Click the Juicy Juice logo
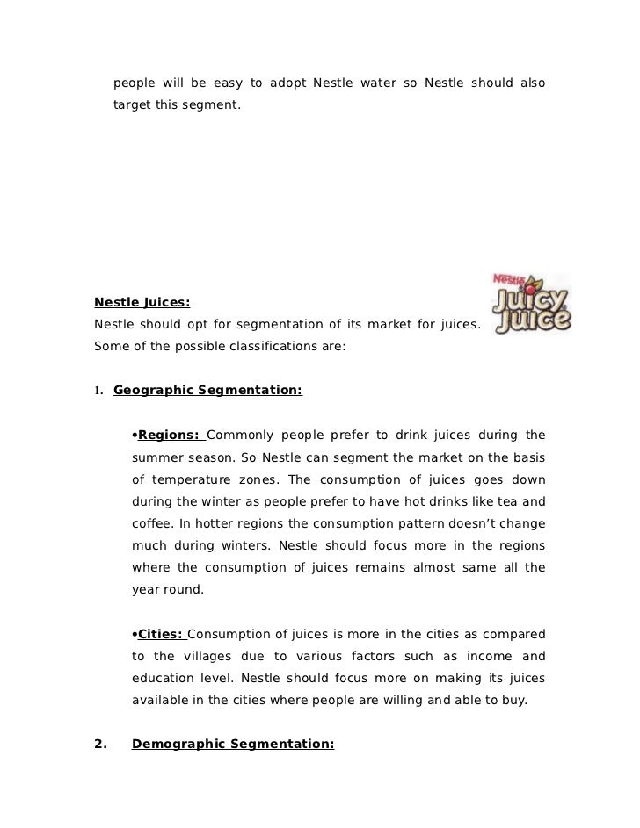[x=529, y=304]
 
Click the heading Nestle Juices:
[x=142, y=303]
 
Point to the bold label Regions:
[x=171, y=435]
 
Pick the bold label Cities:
[x=160, y=635]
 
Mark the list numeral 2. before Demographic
[x=101, y=745]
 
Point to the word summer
[x=157, y=457]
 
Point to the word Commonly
[x=240, y=435]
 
